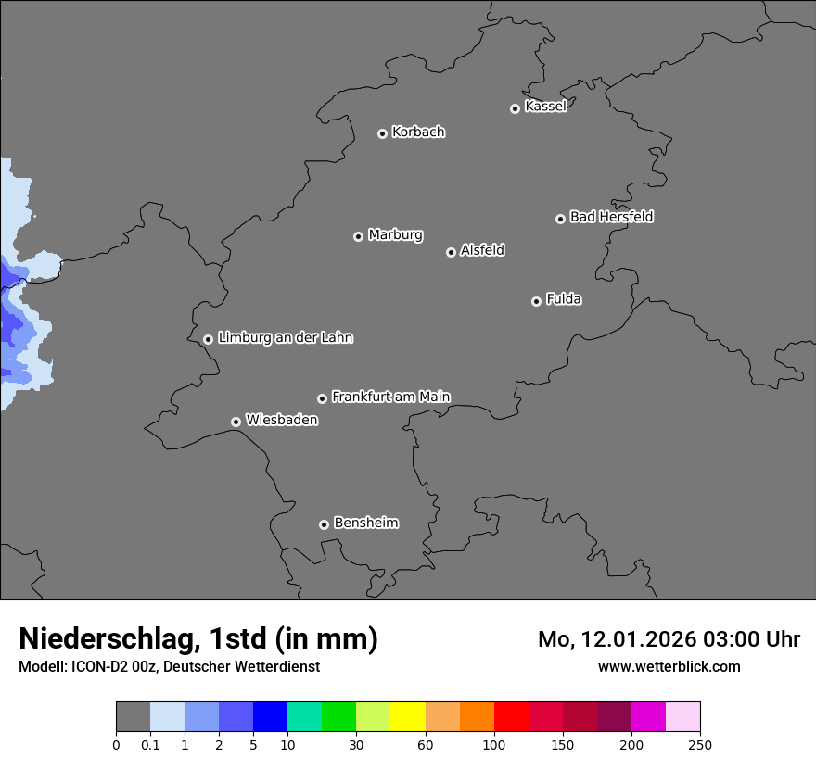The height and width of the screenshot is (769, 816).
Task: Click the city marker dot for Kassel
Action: click(x=515, y=108)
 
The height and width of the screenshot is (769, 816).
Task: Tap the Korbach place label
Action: click(x=418, y=132)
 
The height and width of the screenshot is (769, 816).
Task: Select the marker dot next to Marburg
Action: click(x=358, y=236)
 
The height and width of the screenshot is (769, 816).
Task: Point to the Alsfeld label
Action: click(x=482, y=250)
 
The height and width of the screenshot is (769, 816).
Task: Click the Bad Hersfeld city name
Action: click(x=611, y=217)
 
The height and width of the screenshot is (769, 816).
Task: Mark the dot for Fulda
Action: click(x=536, y=301)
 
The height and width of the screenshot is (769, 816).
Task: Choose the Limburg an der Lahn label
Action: click(x=286, y=337)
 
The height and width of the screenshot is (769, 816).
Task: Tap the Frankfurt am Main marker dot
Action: click(x=322, y=398)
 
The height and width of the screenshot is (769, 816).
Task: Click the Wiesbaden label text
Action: click(x=282, y=420)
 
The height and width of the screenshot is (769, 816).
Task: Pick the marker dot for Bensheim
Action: click(x=324, y=524)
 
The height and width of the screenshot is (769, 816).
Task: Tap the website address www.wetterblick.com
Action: click(x=669, y=666)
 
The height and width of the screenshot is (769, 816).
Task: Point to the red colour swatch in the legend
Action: click(x=511, y=717)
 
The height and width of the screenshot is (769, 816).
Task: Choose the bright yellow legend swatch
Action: click(x=408, y=717)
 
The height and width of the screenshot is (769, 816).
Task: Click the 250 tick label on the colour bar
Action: click(x=699, y=745)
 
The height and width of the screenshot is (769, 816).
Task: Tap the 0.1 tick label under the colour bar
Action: click(x=150, y=745)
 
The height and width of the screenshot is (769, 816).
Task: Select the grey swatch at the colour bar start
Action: click(x=133, y=717)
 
